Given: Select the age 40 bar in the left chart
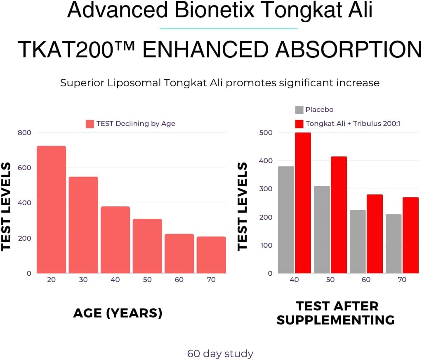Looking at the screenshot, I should coord(115,239).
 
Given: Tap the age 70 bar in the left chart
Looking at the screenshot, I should coord(211,255).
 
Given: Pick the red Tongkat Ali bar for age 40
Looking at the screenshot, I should coord(303,203).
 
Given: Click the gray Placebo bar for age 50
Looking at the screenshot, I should coord(322,230).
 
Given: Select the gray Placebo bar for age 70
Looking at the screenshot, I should coord(394,244).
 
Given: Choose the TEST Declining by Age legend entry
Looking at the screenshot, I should coord(131,124).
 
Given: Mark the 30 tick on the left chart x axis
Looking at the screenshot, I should coord(83,280).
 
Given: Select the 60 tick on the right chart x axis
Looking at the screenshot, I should coord(366,280).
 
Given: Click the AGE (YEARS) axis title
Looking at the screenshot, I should coord(118,313).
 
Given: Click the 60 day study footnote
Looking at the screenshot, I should coord(220,354).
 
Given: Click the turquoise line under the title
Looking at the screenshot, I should coord(229,28).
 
